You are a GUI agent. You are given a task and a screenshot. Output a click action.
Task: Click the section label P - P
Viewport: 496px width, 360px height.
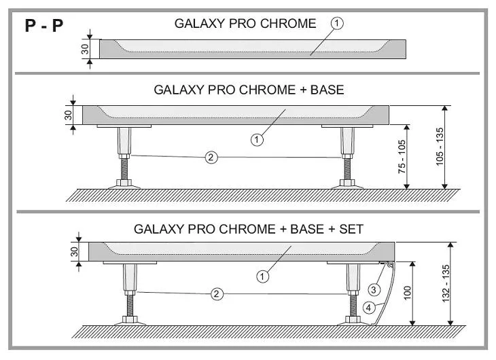(44, 25)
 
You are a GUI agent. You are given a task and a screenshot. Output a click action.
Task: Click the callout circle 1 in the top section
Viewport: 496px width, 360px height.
(337, 23)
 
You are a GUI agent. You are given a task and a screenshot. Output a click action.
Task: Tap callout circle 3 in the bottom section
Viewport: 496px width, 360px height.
(374, 289)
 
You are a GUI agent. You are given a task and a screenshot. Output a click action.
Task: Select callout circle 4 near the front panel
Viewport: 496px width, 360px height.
(368, 308)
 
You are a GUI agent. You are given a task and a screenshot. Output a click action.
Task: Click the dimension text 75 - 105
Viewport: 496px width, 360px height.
(402, 157)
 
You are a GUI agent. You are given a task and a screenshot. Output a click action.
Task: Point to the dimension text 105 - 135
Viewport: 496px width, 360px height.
(440, 147)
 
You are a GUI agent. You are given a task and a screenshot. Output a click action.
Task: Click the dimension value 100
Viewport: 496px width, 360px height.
(408, 293)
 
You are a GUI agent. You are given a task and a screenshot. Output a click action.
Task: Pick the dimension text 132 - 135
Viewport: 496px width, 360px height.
(446, 283)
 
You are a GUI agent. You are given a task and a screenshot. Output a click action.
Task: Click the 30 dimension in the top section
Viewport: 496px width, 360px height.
(85, 49)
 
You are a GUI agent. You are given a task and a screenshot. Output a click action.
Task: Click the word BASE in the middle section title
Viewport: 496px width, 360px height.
(327, 90)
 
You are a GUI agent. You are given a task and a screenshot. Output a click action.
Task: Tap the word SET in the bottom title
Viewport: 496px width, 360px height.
(351, 229)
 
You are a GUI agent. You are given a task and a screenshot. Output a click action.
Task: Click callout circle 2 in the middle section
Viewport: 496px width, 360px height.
(211, 157)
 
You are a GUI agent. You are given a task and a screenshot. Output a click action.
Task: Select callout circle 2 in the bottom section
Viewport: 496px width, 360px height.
(217, 294)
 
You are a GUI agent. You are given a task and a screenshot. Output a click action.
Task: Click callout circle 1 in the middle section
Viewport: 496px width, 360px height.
(257, 139)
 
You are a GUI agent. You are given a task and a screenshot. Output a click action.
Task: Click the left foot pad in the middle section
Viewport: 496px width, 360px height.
(124, 187)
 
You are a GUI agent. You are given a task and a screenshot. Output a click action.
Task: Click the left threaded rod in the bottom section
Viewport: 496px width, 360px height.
(130, 306)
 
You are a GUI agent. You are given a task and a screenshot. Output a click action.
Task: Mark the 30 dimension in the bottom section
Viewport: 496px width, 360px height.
(74, 252)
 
